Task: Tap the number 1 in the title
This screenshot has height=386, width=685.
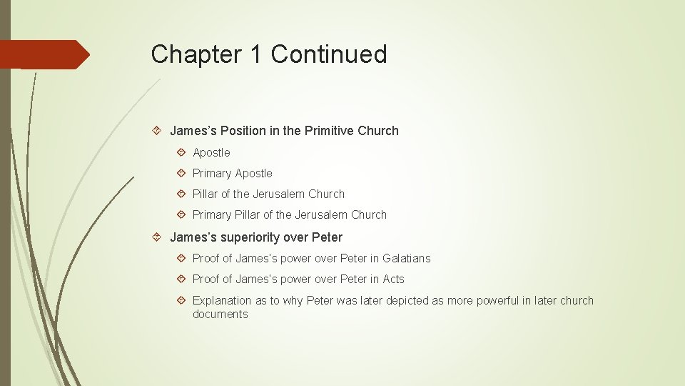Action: (255, 54)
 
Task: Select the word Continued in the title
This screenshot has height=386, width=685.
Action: (329, 54)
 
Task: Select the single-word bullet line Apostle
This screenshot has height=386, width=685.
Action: (211, 152)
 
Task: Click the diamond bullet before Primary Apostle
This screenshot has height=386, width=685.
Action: (182, 173)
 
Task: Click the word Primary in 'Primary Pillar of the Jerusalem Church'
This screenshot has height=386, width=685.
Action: (212, 214)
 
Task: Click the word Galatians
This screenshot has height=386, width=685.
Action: (407, 258)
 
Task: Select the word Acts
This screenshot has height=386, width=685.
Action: (392, 279)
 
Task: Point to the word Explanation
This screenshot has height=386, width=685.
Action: (222, 300)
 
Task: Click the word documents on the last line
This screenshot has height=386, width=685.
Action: (220, 314)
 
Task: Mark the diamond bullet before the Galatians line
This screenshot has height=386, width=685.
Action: (182, 258)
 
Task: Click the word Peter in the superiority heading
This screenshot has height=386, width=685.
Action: (327, 237)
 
